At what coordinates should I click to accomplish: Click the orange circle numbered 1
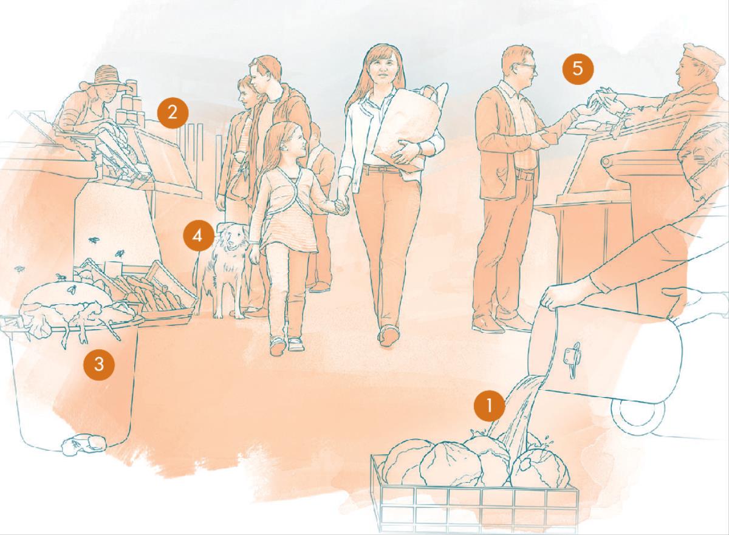489,406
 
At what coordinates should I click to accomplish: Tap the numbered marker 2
173,113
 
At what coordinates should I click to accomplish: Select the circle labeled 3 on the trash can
99,364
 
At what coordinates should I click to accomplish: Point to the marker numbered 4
197,236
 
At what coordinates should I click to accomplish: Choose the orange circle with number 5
578,69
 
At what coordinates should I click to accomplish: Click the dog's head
232,237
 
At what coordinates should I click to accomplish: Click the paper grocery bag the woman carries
407,127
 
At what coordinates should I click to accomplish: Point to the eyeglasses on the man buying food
525,67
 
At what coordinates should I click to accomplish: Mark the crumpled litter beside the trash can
84,444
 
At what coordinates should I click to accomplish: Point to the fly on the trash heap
72,290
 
